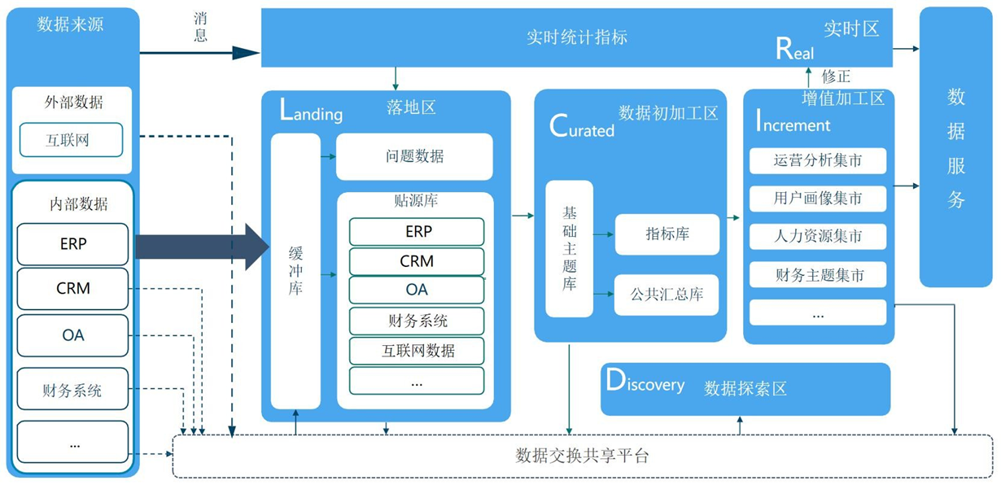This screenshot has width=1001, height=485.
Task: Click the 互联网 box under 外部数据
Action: [71, 140]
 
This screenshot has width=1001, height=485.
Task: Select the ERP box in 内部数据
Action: [72, 244]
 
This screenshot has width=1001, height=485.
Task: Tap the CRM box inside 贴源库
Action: [417, 261]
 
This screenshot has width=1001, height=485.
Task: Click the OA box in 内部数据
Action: [72, 335]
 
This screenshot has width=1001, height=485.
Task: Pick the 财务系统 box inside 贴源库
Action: [417, 321]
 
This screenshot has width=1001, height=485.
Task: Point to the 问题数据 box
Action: [414, 156]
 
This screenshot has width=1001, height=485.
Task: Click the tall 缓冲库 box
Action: [295, 271]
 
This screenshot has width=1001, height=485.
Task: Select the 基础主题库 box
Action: [569, 249]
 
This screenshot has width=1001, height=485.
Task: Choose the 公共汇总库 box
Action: [667, 295]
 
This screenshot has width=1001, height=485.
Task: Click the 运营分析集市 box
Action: [817, 160]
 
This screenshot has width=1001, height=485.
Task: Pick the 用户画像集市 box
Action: [817, 199]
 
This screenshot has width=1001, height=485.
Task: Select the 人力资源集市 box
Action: [817, 237]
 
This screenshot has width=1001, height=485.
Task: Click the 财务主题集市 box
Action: [817, 275]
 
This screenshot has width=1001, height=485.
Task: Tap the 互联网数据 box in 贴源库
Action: [417, 351]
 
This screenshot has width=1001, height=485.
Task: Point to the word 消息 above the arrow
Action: [200, 27]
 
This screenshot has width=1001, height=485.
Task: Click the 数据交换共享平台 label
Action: [582, 456]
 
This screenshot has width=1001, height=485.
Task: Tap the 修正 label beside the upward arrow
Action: [836, 76]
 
